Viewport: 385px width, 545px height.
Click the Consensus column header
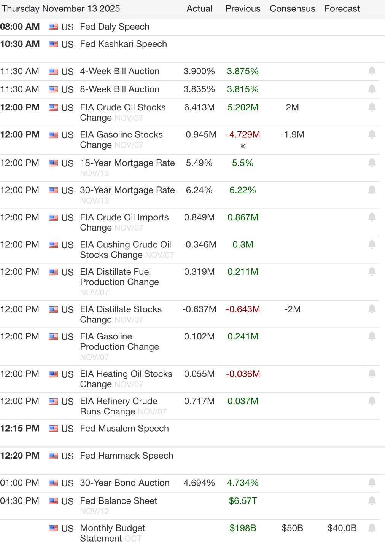pos(292,8)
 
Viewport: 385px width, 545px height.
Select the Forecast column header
pos(342,8)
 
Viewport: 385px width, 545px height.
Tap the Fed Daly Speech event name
pos(115,27)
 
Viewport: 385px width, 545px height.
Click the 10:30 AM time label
pos(20,44)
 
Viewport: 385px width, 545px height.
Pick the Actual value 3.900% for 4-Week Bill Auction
pos(199,71)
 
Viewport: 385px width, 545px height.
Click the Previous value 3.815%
pos(243,89)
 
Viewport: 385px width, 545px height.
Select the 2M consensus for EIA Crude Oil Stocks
pos(292,107)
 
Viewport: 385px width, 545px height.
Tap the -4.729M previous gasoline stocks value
pos(243,134)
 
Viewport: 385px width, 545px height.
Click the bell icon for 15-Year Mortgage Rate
pos(372,163)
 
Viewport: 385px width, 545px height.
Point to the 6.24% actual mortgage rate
pos(199,190)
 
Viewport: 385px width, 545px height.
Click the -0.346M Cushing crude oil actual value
pos(199,244)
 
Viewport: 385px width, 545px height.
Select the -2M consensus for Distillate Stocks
pos(292,309)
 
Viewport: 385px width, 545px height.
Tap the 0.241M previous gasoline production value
pos(243,336)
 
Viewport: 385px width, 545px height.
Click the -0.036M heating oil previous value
pos(243,374)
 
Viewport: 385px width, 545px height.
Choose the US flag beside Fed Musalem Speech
pos(53,429)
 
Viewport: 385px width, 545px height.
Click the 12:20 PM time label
pos(20,456)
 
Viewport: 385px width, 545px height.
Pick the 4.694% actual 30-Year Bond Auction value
pos(199,483)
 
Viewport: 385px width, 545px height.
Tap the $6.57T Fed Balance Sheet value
pos(243,501)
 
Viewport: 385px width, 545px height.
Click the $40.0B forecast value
pos(342,528)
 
